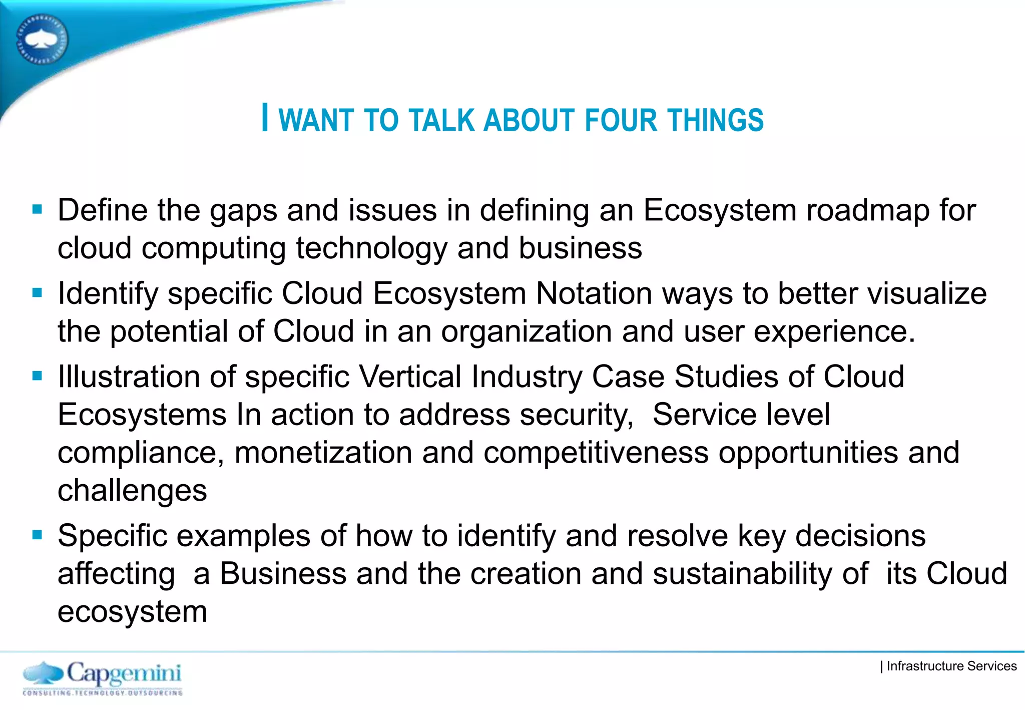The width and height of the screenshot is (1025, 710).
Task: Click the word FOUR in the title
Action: point(620,120)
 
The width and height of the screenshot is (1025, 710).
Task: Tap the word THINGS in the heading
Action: point(716,120)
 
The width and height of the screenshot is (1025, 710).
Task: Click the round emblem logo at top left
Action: point(42,40)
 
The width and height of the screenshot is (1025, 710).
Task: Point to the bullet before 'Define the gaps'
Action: point(37,209)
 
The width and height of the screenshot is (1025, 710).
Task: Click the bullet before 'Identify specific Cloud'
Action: point(37,292)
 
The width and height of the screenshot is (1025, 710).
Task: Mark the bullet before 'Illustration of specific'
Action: point(37,376)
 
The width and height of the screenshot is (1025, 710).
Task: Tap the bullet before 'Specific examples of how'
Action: point(37,535)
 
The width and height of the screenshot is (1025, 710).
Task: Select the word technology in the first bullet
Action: point(371,249)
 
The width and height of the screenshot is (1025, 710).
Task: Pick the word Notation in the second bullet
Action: point(594,293)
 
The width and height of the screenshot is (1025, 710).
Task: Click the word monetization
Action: point(323,453)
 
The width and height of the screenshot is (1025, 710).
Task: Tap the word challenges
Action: point(132,491)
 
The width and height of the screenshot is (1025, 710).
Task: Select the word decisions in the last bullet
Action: point(860,536)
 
